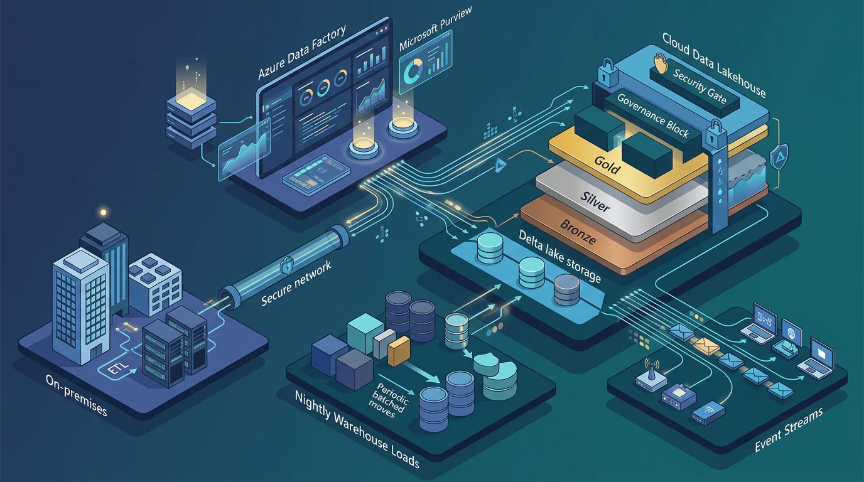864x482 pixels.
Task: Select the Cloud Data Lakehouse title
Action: pyautogui.click(x=714, y=65)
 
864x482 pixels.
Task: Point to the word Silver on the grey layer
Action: pyautogui.click(x=595, y=201)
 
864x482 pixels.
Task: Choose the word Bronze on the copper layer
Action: pyautogui.click(x=578, y=232)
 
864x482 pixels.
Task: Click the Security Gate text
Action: pyautogui.click(x=699, y=86)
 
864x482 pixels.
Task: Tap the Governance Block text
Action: pyautogui.click(x=652, y=115)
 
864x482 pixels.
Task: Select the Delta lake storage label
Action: pyautogui.click(x=559, y=256)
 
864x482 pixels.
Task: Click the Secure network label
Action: pyautogui.click(x=296, y=284)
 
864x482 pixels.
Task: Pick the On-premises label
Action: pyautogui.click(x=76, y=395)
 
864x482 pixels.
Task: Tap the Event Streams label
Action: pyautogui.click(x=789, y=429)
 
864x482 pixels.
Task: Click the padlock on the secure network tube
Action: pyautogui.click(x=286, y=265)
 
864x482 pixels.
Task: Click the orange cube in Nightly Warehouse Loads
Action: pyautogui.click(x=399, y=350)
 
